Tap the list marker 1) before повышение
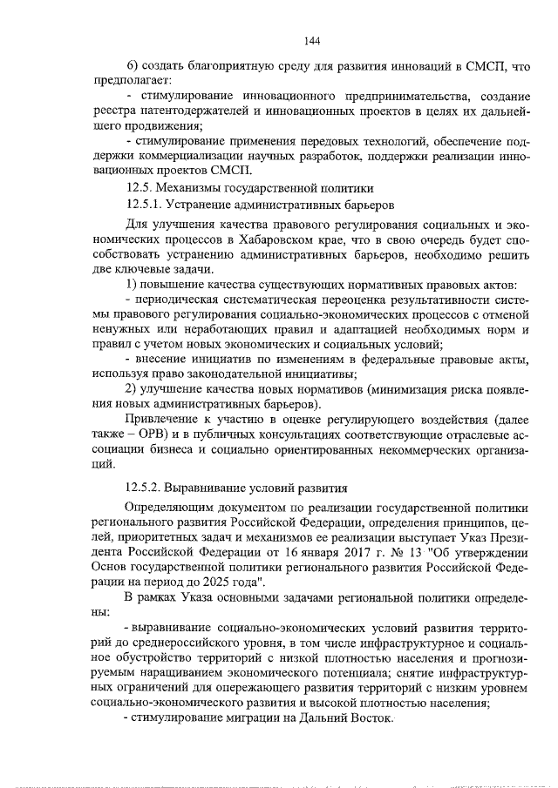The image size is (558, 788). point(132,286)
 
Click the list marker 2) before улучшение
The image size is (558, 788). point(132,387)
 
